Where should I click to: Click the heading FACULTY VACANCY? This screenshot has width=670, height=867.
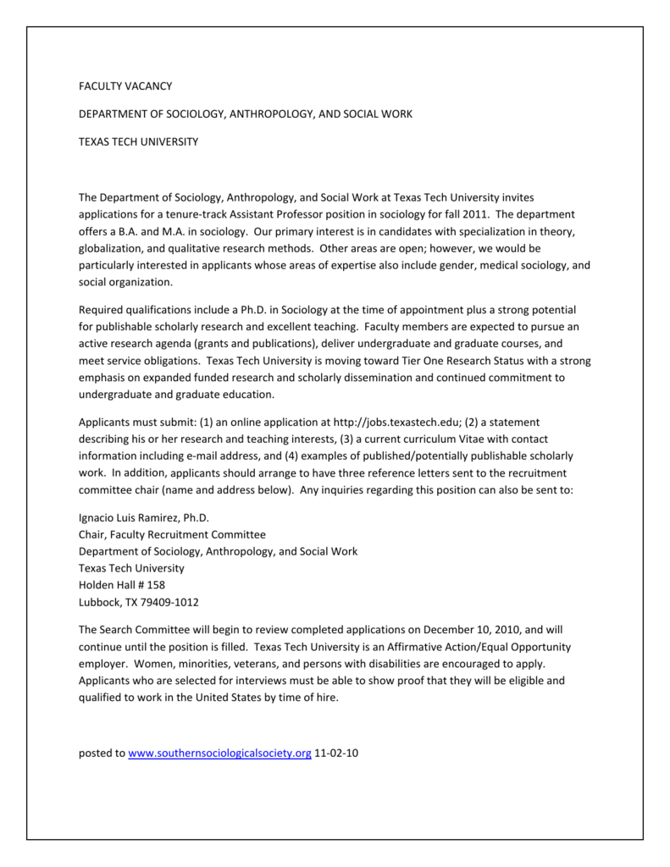tap(125, 86)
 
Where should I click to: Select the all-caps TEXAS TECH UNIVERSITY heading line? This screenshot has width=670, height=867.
tap(138, 141)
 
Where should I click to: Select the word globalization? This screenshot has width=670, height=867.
tap(113, 248)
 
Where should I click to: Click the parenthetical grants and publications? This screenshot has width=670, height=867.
tap(279, 344)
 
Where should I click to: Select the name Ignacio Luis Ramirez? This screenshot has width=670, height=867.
tap(129, 517)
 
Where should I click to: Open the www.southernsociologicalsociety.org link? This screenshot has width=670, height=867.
tap(219, 753)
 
